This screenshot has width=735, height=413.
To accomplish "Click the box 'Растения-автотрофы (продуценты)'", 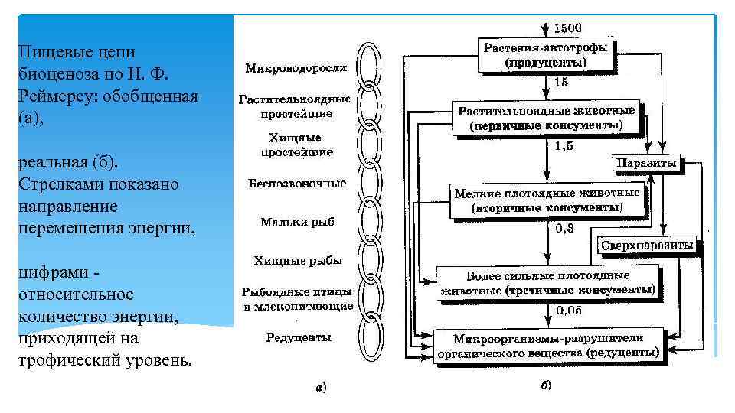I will click(x=546, y=54).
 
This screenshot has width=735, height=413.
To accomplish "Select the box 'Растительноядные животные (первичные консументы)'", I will click(x=546, y=118).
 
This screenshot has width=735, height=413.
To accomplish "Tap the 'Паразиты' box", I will click(x=646, y=163).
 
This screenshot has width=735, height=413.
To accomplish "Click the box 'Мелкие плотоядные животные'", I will click(x=547, y=200).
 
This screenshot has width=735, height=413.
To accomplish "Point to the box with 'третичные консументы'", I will click(x=547, y=282).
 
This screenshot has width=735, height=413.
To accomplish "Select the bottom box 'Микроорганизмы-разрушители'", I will click(x=547, y=346).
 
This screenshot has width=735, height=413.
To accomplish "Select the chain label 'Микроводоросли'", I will click(x=296, y=68).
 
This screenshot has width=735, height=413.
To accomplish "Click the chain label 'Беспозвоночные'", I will click(x=297, y=184).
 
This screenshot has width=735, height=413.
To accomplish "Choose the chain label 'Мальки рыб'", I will click(x=297, y=223).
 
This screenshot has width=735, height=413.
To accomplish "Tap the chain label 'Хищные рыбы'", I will click(x=297, y=261).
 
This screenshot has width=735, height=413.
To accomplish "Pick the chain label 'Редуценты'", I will click(x=298, y=337).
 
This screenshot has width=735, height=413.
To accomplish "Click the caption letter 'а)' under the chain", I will click(x=321, y=388).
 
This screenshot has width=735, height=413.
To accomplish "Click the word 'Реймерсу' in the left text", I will click(x=55, y=97).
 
